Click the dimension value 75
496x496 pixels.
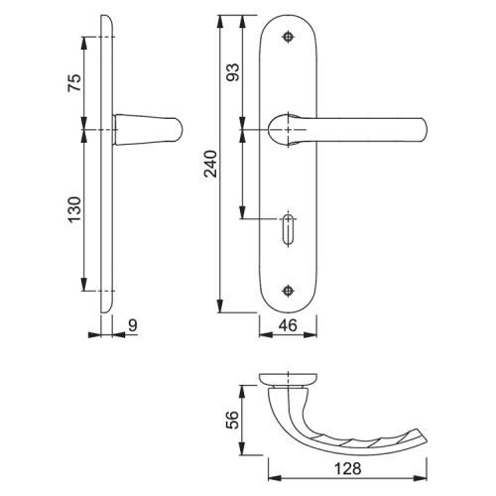tap(74, 83)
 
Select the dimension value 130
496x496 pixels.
tap(74, 209)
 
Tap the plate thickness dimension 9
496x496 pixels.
tap(132, 325)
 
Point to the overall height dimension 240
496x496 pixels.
tap(210, 164)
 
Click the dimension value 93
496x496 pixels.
tap(232, 72)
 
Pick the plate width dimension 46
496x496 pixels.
tap(288, 325)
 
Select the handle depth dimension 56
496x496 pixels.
tap(232, 420)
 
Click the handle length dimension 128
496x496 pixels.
tap(347, 468)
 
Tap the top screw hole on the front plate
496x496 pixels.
tap(289, 37)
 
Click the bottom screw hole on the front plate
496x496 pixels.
tap(289, 291)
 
